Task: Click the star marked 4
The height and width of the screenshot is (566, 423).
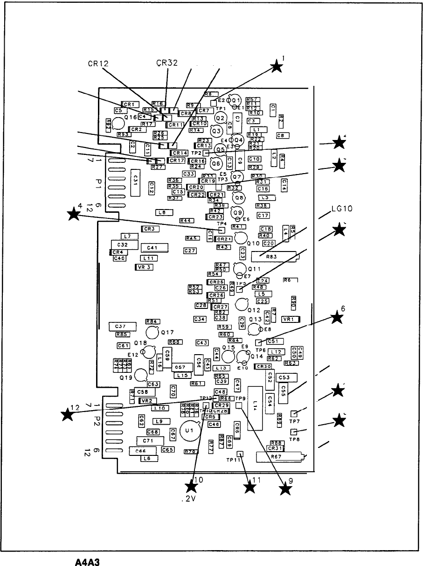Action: (x=73, y=215)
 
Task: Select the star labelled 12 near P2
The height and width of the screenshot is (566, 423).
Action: (x=68, y=413)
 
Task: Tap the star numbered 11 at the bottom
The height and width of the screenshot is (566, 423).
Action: (x=250, y=488)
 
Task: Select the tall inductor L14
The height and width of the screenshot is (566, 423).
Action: (x=256, y=407)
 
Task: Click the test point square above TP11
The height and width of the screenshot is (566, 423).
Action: (x=240, y=454)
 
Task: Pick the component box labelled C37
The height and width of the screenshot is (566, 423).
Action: (x=122, y=326)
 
